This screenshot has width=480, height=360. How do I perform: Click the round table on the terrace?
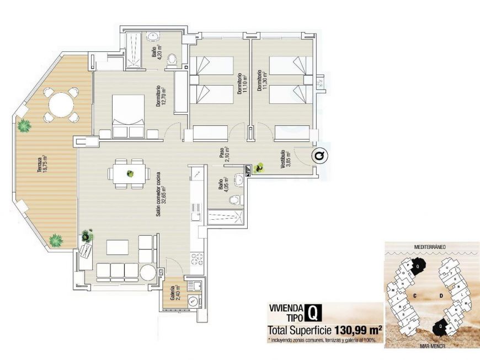(60, 103)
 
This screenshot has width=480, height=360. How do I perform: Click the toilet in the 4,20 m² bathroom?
(172, 58)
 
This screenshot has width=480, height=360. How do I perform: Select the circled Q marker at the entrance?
(319, 156)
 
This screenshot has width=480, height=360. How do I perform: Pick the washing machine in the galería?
(193, 301)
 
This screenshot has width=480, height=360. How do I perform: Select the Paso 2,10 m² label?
(223, 152)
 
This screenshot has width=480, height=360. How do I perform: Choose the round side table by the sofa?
(148, 272)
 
